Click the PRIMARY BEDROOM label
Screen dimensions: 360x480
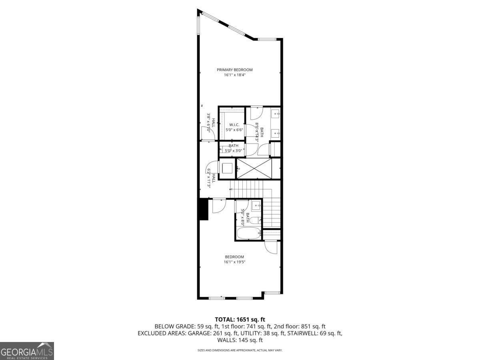(234, 70)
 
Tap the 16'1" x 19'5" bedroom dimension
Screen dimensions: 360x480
(234, 262)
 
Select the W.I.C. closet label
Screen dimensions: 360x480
(234, 124)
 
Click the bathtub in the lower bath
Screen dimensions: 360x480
(248, 233)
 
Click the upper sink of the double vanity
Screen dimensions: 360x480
(276, 115)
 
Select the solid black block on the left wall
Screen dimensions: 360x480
(204, 209)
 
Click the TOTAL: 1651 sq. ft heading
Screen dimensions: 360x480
(240, 319)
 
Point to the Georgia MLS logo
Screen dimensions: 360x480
(27, 351)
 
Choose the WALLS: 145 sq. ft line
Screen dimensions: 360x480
(240, 340)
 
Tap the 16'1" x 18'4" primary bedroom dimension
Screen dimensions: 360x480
(234, 75)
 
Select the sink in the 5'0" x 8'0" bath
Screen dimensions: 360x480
(256, 206)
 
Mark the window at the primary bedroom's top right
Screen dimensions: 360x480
(267, 39)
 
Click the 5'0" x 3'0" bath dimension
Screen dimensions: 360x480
(234, 151)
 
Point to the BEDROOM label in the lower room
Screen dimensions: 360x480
(234, 257)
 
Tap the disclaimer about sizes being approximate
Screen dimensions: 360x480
(240, 350)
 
